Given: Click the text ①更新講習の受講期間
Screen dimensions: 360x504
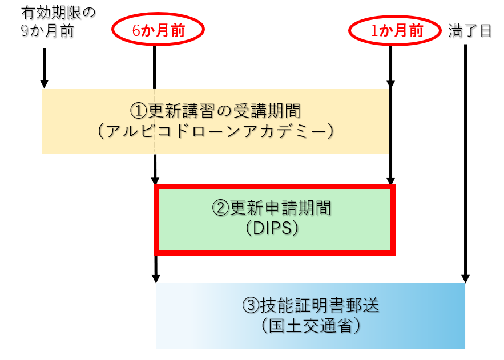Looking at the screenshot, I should tap(215, 111).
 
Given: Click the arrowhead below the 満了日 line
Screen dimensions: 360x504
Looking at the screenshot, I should tap(466, 278).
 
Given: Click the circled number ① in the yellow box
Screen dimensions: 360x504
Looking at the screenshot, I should tap(139, 111).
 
